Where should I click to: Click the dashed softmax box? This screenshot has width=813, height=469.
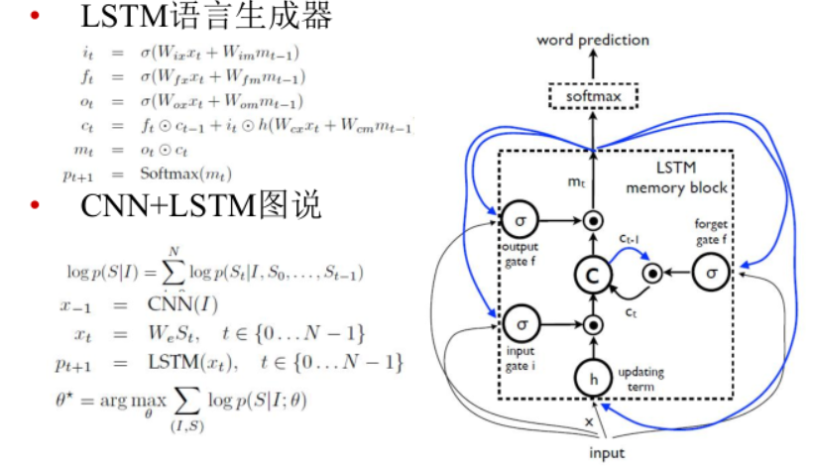pos(593,98)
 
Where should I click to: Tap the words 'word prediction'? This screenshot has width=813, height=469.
pos(593,41)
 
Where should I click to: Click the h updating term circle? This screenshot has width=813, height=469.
pos(593,378)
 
